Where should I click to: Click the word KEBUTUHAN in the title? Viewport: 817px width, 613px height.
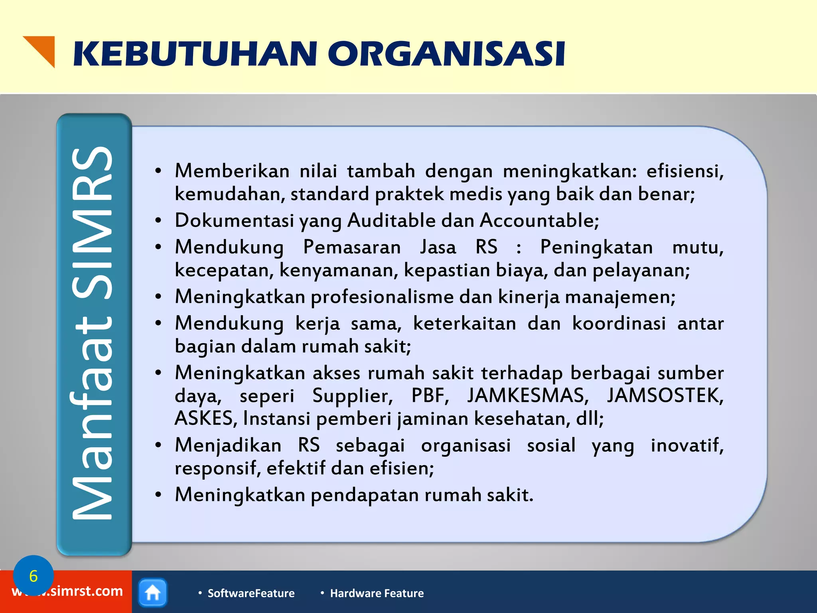pos(195,54)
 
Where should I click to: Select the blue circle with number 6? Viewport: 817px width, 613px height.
pos(33,575)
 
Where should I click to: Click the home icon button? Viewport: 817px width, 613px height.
pos(153,593)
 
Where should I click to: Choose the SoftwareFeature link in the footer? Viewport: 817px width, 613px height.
pos(251,593)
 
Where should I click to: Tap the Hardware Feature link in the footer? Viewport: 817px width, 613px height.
pos(377,593)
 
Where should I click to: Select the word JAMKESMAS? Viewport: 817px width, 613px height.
pos(528,396)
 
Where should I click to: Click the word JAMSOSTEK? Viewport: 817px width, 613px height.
pos(665,396)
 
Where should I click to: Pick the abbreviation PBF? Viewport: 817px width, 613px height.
pos(430,396)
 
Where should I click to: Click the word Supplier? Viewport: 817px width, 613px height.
pos(352,396)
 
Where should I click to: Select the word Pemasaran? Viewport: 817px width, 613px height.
pos(352,247)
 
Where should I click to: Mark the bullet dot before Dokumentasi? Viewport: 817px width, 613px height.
pos(158,221)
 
